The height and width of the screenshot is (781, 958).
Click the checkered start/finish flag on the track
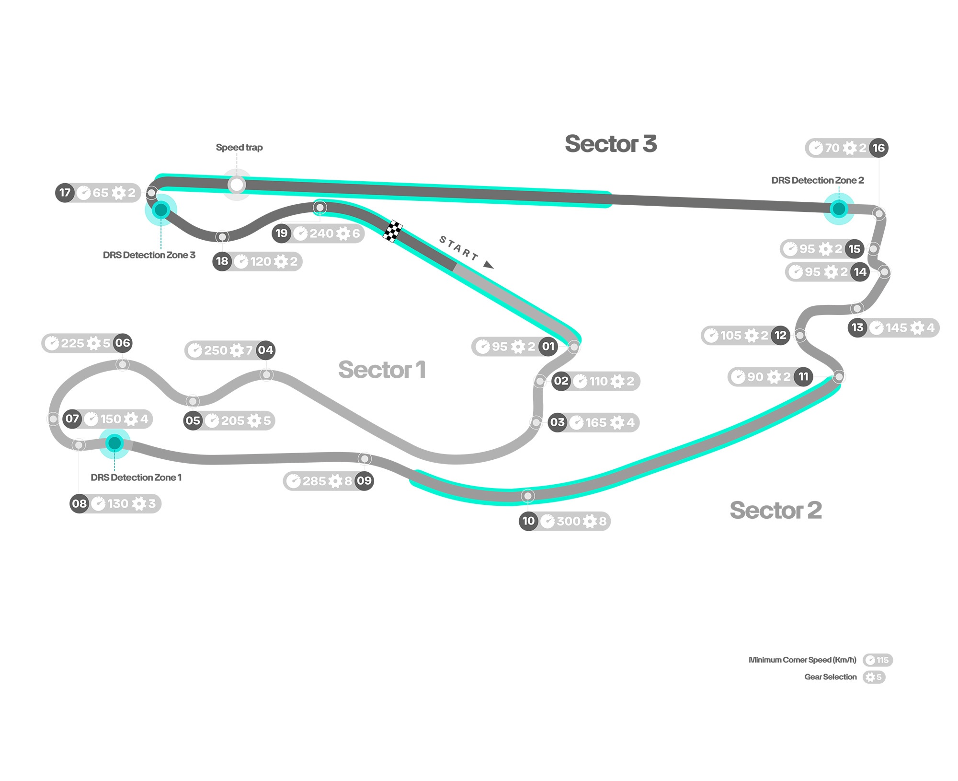coord(392,231)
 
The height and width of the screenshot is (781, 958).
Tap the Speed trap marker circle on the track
coord(237,185)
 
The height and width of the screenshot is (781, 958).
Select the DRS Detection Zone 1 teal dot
coord(114,443)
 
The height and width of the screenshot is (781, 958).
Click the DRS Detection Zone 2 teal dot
coord(839,209)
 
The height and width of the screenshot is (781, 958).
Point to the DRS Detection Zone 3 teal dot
coord(161,210)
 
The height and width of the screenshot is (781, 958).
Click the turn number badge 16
coord(879,148)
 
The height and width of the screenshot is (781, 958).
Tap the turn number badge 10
coord(528,521)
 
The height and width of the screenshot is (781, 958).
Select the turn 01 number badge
coord(548,346)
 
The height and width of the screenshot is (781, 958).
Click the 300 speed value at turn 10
coord(569,521)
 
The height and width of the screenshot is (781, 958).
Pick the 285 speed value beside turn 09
coord(315,481)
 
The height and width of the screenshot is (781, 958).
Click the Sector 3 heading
coord(611,144)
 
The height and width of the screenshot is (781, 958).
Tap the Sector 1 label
coord(382,370)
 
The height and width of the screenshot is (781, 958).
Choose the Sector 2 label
coord(776,510)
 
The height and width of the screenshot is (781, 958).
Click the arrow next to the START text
coord(488,265)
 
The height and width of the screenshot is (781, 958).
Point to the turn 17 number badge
coord(65,193)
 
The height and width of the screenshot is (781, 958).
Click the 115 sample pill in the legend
coord(878,660)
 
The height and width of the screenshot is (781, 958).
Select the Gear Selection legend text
coord(830,676)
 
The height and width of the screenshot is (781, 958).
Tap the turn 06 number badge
coord(123,343)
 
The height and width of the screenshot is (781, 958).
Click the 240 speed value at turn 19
coord(321,233)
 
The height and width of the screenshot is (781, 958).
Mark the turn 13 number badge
coord(857,327)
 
